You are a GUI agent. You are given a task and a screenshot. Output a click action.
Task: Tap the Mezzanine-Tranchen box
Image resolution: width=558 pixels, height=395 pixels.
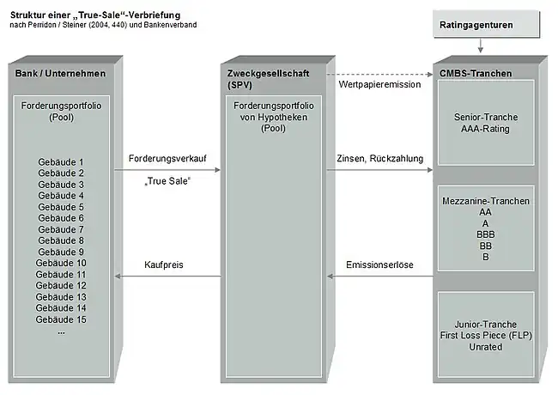[x=486, y=228]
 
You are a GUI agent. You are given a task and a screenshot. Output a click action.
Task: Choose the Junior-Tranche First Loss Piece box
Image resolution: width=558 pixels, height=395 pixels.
[x=486, y=333]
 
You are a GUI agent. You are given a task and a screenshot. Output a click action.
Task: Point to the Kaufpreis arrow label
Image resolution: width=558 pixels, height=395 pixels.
[x=164, y=265]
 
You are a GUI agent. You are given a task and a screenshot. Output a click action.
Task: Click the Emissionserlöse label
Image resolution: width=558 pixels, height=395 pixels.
[x=379, y=265]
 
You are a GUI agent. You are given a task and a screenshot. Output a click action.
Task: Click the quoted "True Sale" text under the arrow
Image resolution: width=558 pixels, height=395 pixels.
[x=167, y=183]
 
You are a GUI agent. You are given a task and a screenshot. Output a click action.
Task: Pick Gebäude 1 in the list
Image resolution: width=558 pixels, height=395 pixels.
[x=61, y=162]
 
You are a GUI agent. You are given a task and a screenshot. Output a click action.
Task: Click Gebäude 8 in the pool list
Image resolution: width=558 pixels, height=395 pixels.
[x=61, y=240]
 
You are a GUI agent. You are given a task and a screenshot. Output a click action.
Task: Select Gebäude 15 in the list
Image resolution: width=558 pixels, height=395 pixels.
[x=61, y=319]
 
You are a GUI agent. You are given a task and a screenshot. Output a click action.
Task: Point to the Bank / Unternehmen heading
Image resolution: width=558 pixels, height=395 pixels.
[x=60, y=74]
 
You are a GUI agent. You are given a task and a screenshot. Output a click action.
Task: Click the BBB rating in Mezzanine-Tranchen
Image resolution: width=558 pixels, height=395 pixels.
[x=486, y=233]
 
